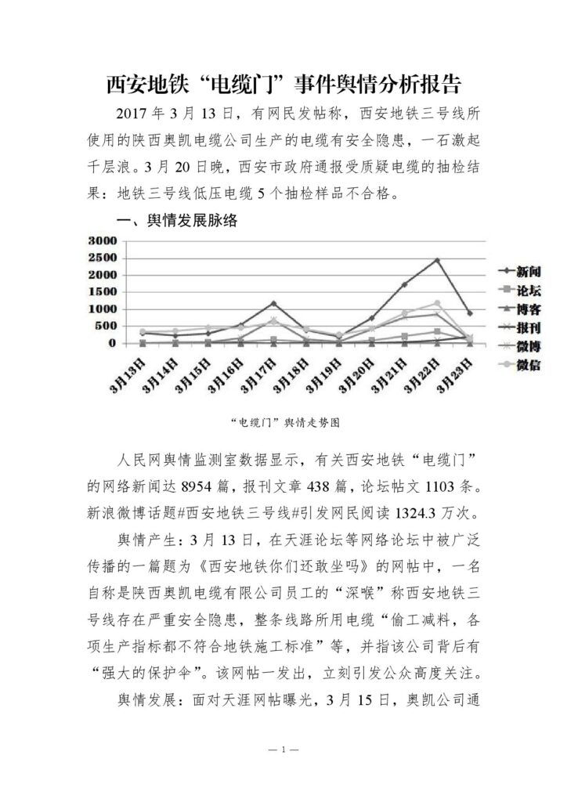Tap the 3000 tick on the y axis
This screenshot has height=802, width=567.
[103, 240]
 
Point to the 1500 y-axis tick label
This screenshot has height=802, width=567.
[103, 292]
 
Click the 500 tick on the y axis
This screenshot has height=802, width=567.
[107, 326]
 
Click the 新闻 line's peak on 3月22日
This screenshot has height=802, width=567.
[437, 260]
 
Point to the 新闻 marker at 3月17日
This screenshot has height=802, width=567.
[273, 303]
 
